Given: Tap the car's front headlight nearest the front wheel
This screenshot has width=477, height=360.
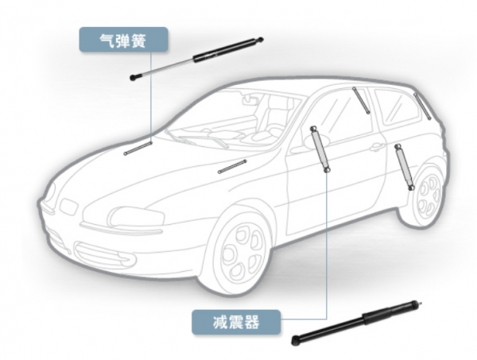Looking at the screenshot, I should (136, 215).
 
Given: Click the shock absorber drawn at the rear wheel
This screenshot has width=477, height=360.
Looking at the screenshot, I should (403, 167).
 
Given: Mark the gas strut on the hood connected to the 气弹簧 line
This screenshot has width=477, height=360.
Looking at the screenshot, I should (138, 147).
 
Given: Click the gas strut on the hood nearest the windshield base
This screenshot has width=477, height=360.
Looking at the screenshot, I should (231, 165).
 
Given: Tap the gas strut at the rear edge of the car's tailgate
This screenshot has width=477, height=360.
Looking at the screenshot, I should (422, 105).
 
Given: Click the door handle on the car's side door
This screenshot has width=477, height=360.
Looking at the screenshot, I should (375, 148).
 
